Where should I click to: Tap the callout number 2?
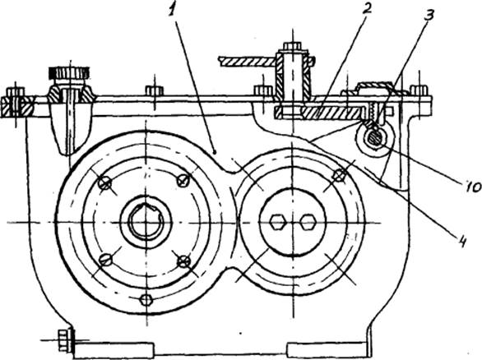point(366,8)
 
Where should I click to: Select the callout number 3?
point(428,13)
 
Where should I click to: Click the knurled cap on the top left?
point(69,73)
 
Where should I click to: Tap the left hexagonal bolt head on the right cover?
point(278,222)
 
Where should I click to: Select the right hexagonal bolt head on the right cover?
point(307,222)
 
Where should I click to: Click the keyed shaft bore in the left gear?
point(145,221)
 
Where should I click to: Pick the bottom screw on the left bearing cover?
point(146,299)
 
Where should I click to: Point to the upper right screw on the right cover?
point(340,175)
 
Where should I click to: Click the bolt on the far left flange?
point(15,103)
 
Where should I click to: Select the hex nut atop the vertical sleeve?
point(292,46)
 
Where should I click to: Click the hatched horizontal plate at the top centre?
point(247,62)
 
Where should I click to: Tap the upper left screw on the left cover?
point(104,183)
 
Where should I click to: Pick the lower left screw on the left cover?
point(106,260)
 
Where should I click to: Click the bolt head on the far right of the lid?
point(419,90)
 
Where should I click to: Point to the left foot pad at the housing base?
point(114,349)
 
